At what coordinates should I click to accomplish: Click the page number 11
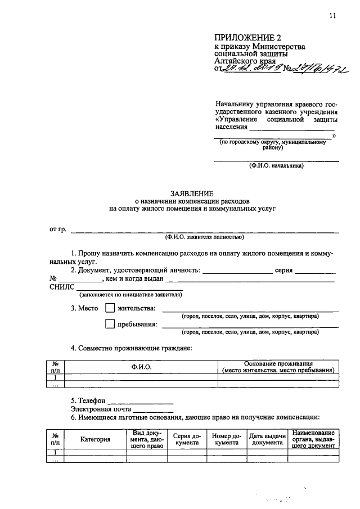tap(333, 16)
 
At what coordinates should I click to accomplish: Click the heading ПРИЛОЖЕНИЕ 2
tap(243, 38)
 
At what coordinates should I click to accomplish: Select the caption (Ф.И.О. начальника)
tap(276, 166)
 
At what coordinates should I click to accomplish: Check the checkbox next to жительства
tap(110, 308)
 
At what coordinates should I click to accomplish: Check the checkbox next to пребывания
tap(110, 324)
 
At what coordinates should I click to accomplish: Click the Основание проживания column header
tap(278, 367)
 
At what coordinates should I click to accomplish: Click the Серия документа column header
tap(187, 439)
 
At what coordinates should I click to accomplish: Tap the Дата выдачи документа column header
tap(268, 439)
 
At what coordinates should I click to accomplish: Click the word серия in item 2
tap(284, 270)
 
